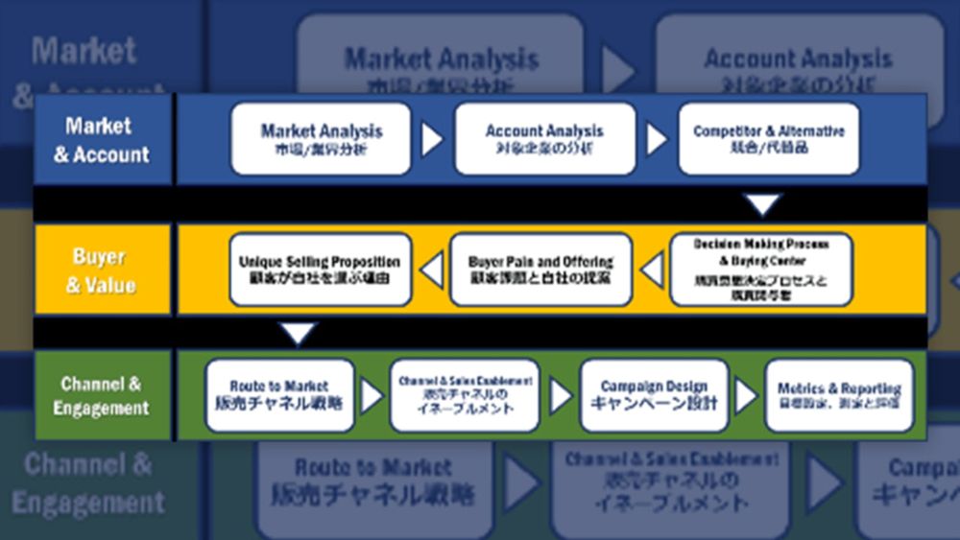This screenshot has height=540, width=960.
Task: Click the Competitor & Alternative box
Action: pyautogui.click(x=769, y=139)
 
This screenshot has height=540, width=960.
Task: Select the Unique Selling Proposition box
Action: pyautogui.click(x=320, y=270)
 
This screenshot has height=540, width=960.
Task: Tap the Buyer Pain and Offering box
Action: pyautogui.click(x=541, y=270)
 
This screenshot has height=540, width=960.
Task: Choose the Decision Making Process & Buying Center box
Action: pyautogui.click(x=760, y=270)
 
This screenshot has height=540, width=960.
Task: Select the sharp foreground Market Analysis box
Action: pyautogui.click(x=321, y=139)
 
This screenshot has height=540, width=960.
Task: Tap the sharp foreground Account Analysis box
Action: pyautogui.click(x=544, y=139)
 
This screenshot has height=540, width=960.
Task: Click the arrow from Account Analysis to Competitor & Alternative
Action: pyautogui.click(x=657, y=140)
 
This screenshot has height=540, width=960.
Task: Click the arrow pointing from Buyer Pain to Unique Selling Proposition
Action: pyautogui.click(x=432, y=270)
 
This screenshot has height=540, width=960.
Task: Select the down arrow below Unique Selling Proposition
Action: pyautogui.click(x=300, y=334)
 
